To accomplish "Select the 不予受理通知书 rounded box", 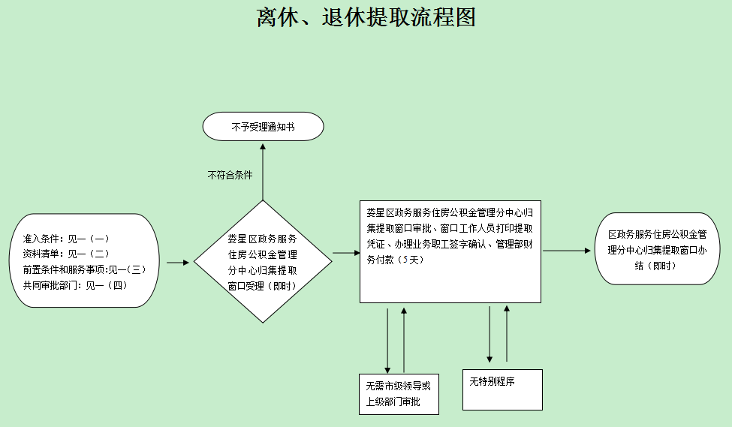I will [263, 127].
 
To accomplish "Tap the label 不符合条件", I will [230, 174].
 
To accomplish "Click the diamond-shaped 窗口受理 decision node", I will [263, 262].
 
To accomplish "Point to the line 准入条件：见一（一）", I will [67, 239].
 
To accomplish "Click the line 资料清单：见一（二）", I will [67, 254].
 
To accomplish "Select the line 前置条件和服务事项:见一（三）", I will [83, 269].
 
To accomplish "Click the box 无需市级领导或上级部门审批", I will [399, 394].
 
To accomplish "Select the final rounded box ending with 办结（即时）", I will [657, 248].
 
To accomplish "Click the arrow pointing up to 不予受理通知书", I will [263, 169].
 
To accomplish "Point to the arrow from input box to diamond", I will [177, 263].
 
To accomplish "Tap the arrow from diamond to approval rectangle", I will [346, 253].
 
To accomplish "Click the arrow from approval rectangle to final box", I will [568, 251].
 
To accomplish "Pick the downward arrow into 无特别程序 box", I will [490, 334].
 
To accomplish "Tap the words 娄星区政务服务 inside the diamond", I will [262, 239].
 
